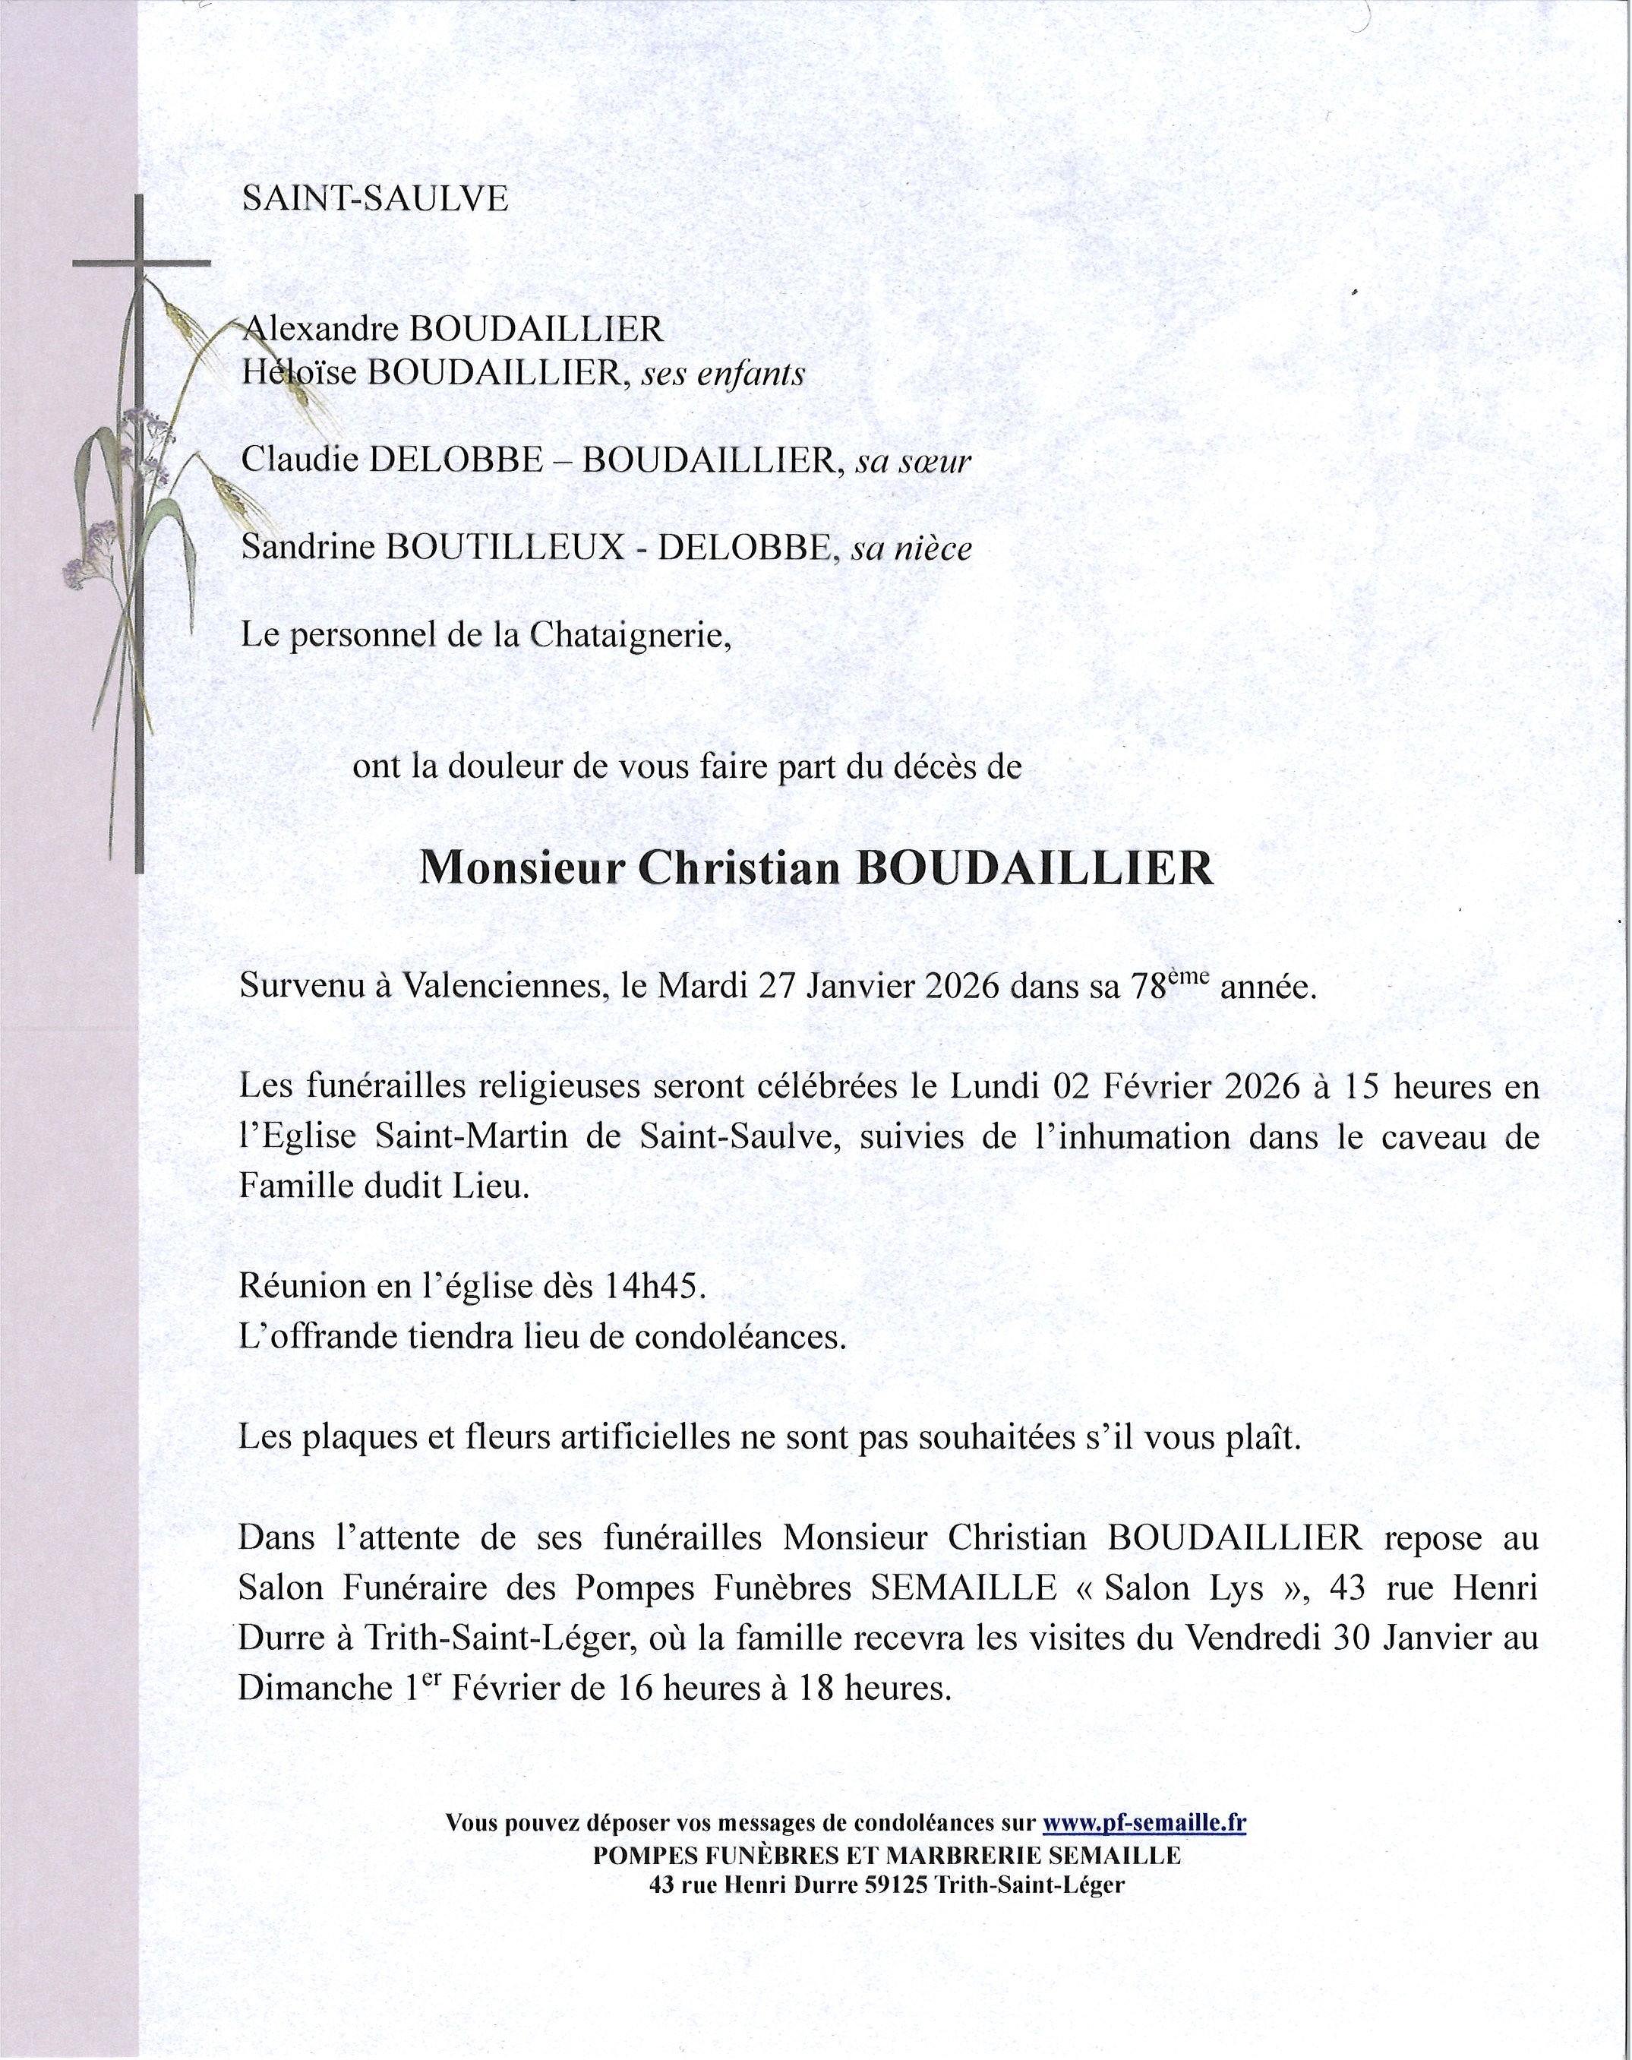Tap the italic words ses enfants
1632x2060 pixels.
click(x=722, y=374)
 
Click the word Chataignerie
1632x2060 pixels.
click(x=629, y=635)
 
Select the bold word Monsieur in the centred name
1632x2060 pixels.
click(x=522, y=868)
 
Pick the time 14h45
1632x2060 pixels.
click(x=655, y=1287)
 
